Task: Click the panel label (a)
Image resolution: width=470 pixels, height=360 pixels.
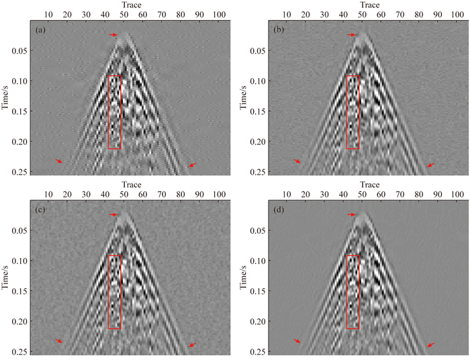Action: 40,31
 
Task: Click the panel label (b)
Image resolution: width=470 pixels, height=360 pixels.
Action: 279,31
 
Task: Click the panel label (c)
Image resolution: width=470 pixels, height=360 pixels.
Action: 40,211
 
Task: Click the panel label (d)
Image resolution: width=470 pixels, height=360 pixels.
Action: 279,211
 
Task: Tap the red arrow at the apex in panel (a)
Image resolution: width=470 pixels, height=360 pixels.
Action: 113,35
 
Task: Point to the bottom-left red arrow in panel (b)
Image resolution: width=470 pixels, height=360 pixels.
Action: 297,162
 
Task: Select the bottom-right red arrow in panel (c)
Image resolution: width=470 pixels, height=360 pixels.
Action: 193,345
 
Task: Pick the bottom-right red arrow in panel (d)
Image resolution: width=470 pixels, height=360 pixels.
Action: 430,345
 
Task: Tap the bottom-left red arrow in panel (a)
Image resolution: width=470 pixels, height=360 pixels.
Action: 59,161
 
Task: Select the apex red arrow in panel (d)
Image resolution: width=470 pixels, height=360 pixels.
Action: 352,214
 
